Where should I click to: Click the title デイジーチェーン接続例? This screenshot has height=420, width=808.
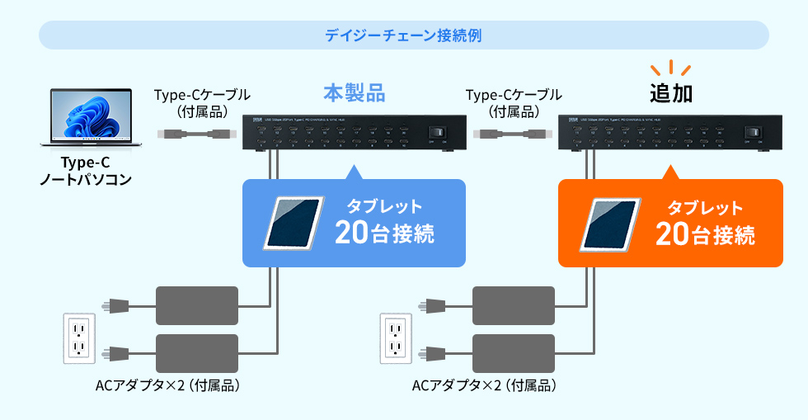click(403, 35)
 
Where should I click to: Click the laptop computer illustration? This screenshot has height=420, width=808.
click(86, 116)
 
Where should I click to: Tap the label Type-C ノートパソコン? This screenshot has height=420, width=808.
click(86, 170)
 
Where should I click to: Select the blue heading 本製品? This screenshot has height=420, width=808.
click(354, 92)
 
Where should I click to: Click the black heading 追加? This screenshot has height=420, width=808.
click(670, 93)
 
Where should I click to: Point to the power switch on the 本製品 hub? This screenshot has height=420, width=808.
click(437, 133)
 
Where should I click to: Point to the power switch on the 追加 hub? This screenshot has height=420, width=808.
click(752, 133)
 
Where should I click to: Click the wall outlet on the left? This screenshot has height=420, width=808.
click(80, 337)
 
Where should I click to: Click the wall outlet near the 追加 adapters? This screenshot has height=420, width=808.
click(396, 337)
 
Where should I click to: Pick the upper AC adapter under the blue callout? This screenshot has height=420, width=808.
click(197, 305)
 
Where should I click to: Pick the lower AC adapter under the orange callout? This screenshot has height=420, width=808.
click(513, 353)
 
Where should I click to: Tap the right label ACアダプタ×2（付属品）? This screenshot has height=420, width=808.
click(484, 385)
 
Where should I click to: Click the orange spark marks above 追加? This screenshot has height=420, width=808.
click(669, 67)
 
